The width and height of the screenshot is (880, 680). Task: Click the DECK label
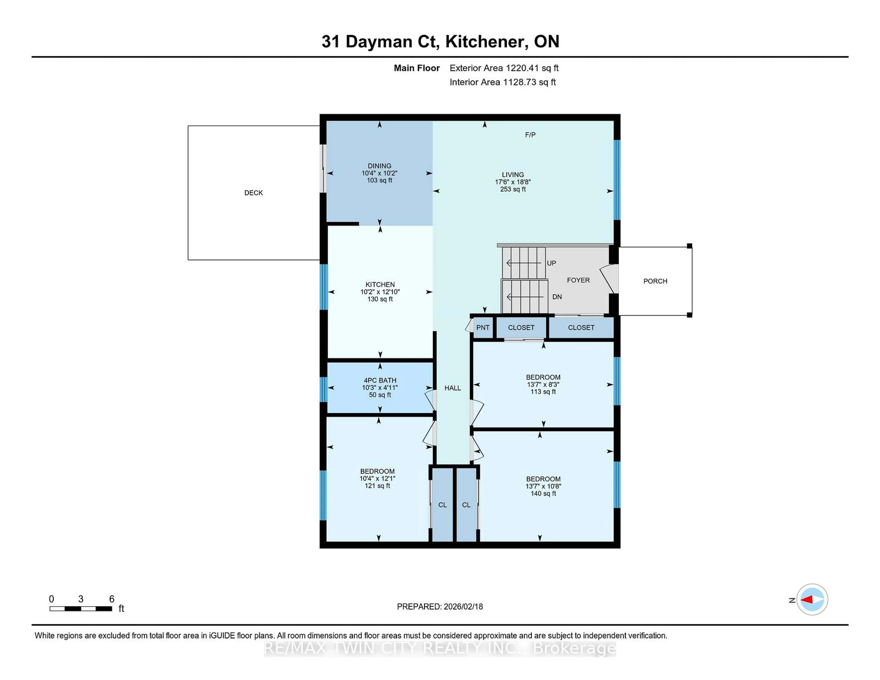(x=253, y=193)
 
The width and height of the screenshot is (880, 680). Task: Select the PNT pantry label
(x=483, y=327)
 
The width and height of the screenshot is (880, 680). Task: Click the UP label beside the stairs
(x=551, y=263)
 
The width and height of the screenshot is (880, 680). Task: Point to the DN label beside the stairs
(x=557, y=297)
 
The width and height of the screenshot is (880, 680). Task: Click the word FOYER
(x=578, y=280)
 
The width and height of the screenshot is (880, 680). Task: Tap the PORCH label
(x=655, y=281)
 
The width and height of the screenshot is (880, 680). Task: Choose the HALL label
(x=453, y=388)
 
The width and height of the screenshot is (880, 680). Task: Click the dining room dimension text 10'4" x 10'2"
(x=379, y=173)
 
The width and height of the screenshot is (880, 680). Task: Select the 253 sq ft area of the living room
(x=512, y=189)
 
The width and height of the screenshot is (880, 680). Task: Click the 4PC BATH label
(x=380, y=380)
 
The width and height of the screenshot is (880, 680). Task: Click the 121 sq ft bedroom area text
(x=377, y=486)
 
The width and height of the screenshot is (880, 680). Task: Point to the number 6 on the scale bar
(x=112, y=599)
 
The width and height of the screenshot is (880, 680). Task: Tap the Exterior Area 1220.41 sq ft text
(x=504, y=68)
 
